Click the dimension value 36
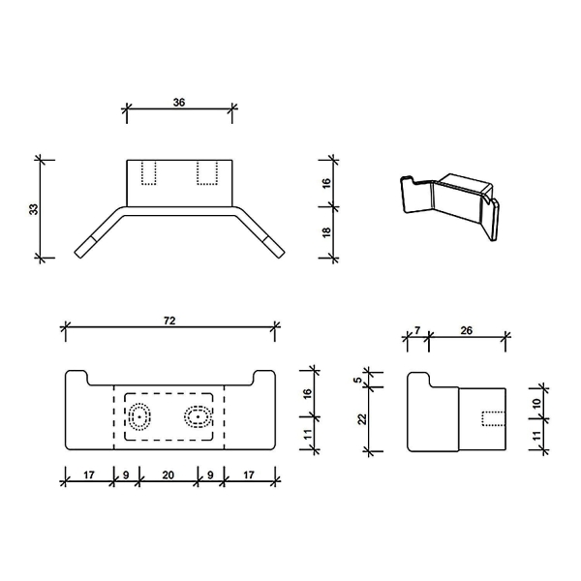coord(179,100)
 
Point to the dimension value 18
coord(326,232)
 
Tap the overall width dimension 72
coord(170,319)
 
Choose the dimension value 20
coord(169,474)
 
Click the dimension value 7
coord(416,330)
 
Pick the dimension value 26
coord(467,330)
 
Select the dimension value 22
coord(361,419)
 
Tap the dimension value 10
coord(536,401)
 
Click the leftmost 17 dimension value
coord(89,474)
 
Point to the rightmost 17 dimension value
coord(250,474)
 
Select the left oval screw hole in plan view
coord(140,417)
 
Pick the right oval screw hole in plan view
coord(198,417)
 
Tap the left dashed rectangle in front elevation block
coord(149,172)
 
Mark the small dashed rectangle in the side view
coord(494,418)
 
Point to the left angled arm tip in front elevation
coord(83,246)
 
